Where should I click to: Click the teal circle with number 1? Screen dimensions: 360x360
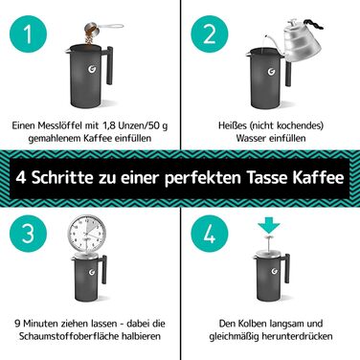pos(29,34)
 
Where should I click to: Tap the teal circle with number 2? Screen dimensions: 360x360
pos(210,34)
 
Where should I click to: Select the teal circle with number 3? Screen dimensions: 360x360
pos(29,234)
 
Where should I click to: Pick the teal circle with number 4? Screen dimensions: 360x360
pos(210,234)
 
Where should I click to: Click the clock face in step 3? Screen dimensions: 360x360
pos(87,234)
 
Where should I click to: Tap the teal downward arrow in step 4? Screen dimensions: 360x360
pos(269,224)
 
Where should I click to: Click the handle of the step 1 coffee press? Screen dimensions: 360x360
pos(108,65)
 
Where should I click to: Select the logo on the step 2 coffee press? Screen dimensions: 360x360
pos(272,71)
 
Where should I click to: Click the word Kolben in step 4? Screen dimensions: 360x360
pos(252,324)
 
